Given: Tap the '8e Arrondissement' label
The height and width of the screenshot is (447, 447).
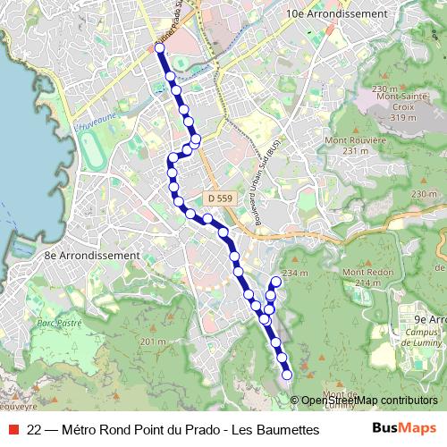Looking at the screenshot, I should [x=92, y=255].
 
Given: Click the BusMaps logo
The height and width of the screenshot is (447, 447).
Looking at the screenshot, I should [x=404, y=429].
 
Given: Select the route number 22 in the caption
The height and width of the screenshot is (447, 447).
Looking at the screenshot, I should [x=34, y=429].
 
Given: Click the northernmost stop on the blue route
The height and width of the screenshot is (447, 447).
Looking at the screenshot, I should [x=159, y=48].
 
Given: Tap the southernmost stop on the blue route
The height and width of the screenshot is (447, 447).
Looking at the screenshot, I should [x=287, y=375].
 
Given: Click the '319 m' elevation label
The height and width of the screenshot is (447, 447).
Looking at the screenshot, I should [x=403, y=117].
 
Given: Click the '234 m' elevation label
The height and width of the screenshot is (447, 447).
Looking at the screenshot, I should [x=294, y=273].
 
